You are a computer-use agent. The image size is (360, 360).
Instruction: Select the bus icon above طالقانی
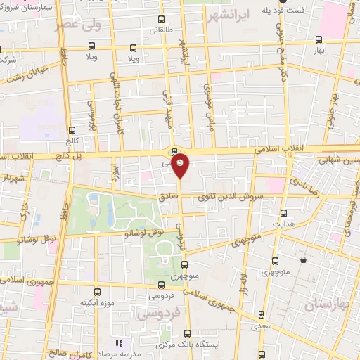pyautogui.click(x=161, y=19)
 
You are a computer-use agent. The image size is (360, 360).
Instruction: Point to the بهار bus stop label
pyautogui.click(x=319, y=51)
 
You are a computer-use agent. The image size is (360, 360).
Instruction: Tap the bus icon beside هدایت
pyautogui.click(x=284, y=213)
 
